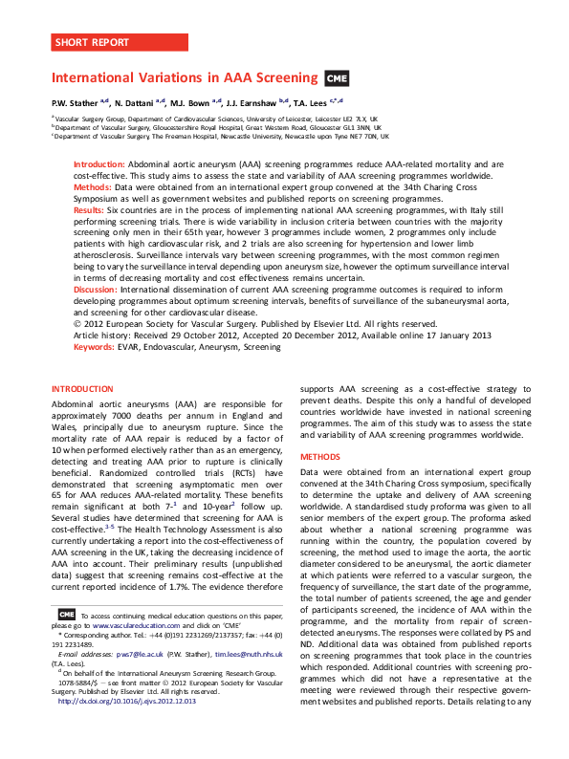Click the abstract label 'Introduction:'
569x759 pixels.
(99, 165)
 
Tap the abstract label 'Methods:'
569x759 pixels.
(93, 187)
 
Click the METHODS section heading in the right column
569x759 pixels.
(320, 457)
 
